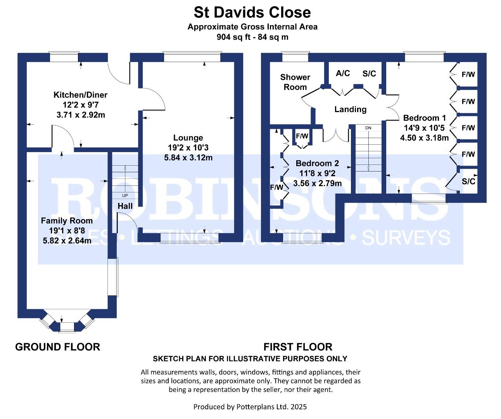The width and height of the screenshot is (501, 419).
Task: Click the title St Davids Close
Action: click(x=252, y=12)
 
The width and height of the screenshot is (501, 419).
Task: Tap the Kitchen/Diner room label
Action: click(x=80, y=95)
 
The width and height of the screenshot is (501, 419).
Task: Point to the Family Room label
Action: click(x=67, y=221)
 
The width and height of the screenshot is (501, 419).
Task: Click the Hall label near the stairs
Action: click(x=125, y=206)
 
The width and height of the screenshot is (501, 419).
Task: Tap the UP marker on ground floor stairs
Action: click(x=125, y=195)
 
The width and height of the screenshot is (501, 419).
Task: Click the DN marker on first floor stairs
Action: click(x=368, y=128)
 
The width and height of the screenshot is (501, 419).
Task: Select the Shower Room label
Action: click(x=295, y=82)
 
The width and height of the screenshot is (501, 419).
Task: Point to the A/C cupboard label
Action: click(x=343, y=74)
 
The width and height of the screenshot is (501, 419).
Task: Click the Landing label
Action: click(x=351, y=109)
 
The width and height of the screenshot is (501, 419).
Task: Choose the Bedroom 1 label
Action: click(x=425, y=118)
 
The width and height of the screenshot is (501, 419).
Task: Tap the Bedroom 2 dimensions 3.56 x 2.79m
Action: click(x=318, y=184)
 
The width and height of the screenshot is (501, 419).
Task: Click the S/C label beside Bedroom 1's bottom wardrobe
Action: click(x=468, y=181)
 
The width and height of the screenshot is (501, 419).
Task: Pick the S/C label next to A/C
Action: click(x=369, y=74)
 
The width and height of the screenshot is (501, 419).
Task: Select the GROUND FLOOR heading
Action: click(x=57, y=347)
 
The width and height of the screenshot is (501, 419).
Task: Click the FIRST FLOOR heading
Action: click(x=298, y=347)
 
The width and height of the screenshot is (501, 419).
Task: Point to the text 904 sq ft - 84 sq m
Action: click(x=252, y=37)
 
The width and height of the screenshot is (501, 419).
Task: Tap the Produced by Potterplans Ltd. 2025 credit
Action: click(x=250, y=407)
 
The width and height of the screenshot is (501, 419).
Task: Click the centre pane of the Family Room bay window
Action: click(x=67, y=327)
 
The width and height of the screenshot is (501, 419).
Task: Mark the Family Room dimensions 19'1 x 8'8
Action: click(x=67, y=231)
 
